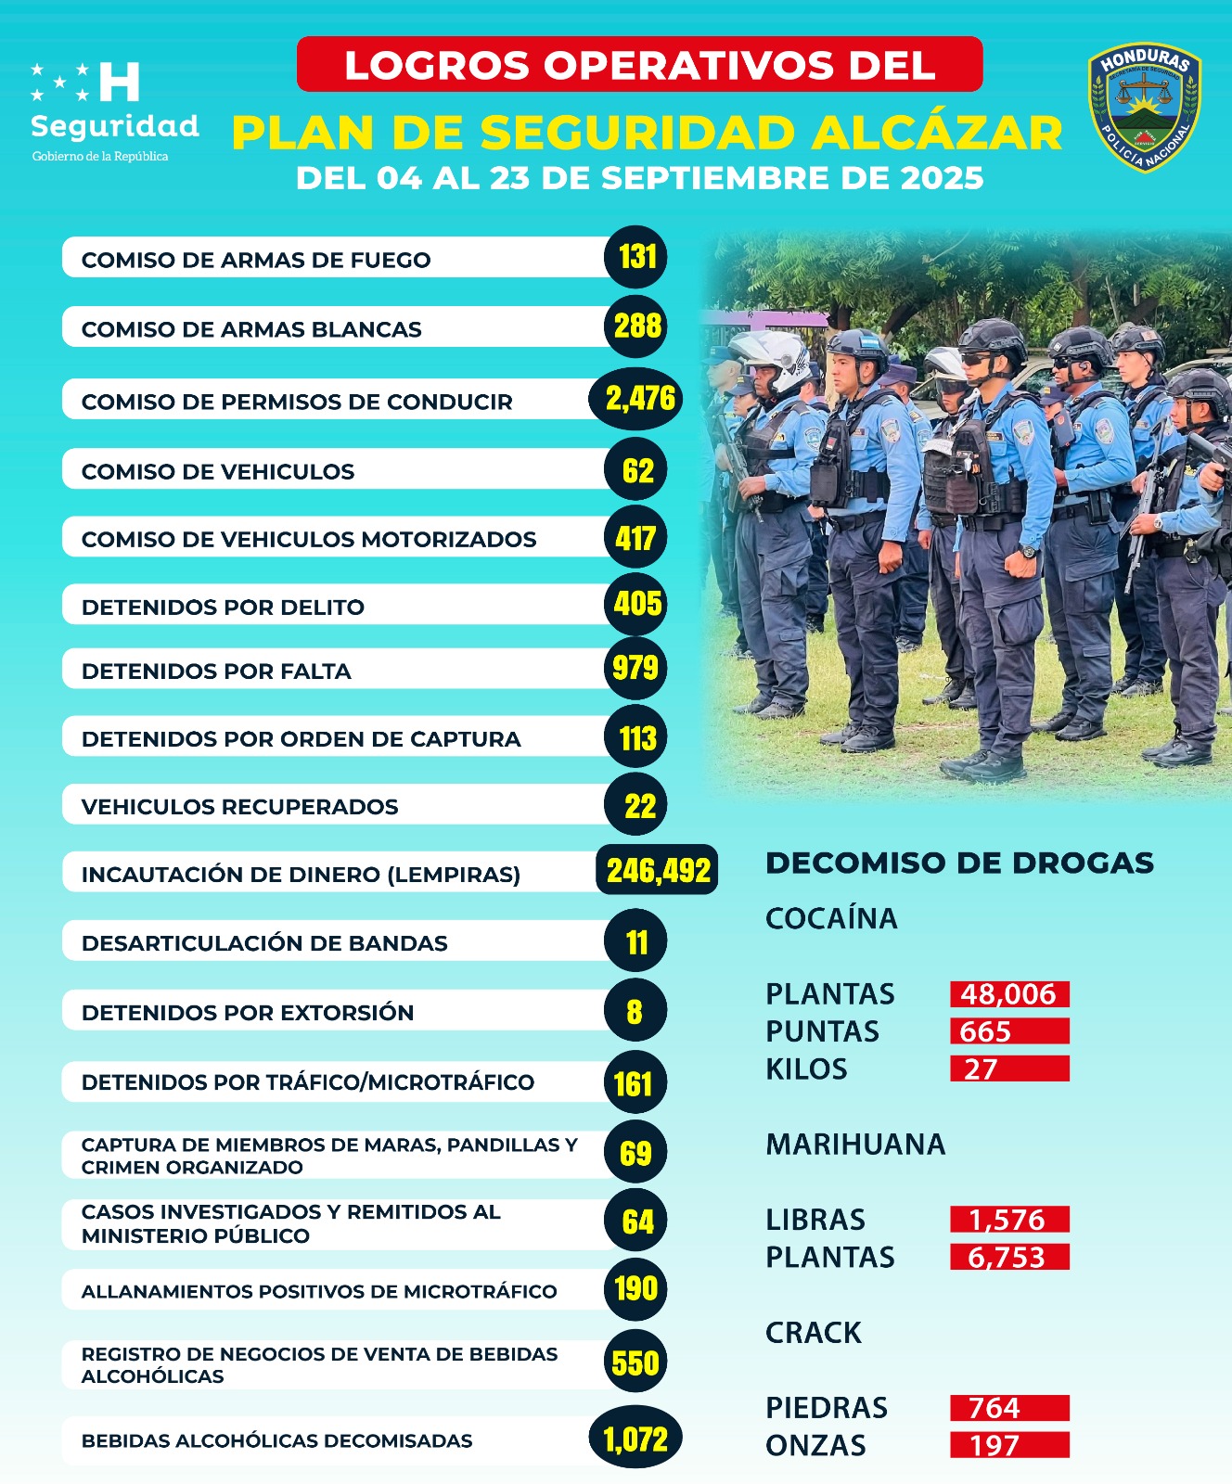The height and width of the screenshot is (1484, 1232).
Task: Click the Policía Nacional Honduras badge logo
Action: [x=1145, y=108]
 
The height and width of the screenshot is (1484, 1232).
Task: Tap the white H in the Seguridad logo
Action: [x=119, y=82]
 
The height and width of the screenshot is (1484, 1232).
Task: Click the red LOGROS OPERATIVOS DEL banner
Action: [x=639, y=65]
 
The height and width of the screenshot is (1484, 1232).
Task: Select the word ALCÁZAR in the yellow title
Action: [x=937, y=134]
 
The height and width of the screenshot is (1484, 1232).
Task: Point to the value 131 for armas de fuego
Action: [x=636, y=257]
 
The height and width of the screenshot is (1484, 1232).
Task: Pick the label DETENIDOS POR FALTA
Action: [x=216, y=672]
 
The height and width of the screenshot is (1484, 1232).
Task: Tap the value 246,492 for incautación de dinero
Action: [x=658, y=871]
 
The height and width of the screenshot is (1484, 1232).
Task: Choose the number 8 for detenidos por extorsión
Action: [x=635, y=1011]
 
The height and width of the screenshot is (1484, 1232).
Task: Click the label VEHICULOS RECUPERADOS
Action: [x=239, y=807]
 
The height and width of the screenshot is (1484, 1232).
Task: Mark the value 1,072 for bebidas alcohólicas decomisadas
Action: [x=635, y=1439]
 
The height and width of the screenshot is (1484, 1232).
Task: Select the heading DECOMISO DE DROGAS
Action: [x=959, y=863]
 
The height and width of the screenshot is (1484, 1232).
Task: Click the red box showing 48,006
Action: [x=1009, y=994]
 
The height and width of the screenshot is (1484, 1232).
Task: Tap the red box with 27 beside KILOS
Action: [x=1009, y=1069]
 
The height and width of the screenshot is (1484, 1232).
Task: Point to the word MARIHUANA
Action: [x=854, y=1145]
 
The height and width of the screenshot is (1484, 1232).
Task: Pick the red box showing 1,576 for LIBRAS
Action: [x=1009, y=1220]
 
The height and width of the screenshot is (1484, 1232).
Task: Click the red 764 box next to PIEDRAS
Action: [x=1009, y=1408]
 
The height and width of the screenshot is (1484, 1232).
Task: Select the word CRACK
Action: [x=813, y=1333]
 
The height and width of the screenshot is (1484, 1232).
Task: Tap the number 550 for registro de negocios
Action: [x=635, y=1363]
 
